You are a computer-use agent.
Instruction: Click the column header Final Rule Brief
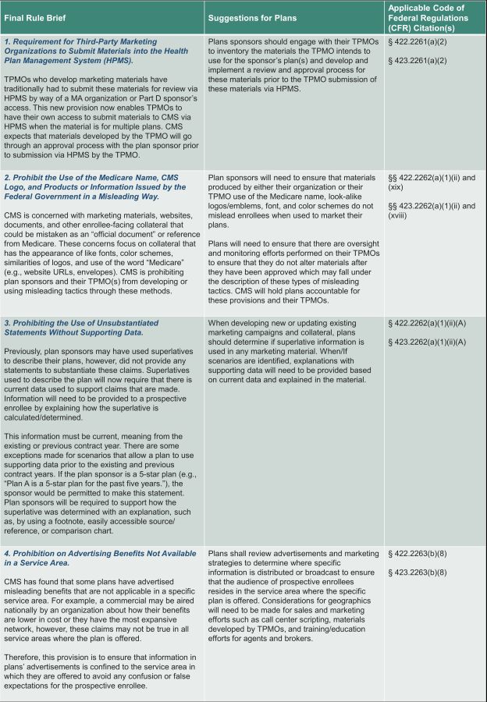click(x=36, y=16)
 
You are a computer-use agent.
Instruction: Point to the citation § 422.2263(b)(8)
click(x=418, y=555)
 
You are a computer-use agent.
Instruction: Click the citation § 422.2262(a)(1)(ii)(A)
click(x=426, y=322)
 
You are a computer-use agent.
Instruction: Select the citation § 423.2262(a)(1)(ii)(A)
click(x=426, y=341)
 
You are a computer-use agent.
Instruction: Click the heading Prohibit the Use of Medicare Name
click(x=94, y=187)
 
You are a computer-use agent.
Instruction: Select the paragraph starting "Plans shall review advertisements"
click(x=293, y=596)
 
